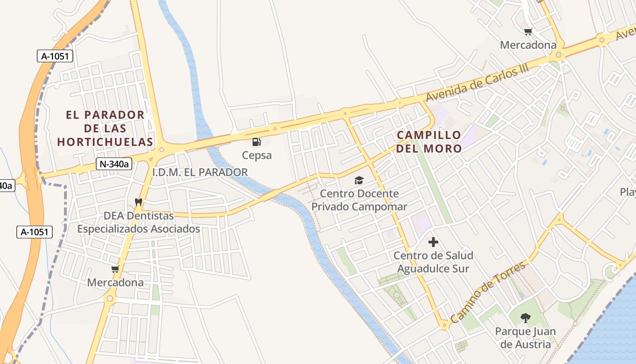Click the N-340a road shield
click(114, 164)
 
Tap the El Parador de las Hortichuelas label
click(105, 128)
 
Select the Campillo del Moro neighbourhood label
click(428, 142)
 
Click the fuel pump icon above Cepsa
click(257, 142)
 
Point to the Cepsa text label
click(257, 155)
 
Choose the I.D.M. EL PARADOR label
click(200, 172)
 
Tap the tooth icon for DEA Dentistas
click(139, 202)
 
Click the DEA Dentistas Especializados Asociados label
click(139, 222)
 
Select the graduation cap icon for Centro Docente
click(359, 181)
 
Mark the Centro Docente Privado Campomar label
click(359, 200)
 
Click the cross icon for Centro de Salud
click(433, 242)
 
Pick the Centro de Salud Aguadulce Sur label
click(433, 262)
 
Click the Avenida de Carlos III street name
click(478, 85)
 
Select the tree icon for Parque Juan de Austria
click(526, 318)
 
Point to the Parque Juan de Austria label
click(526, 338)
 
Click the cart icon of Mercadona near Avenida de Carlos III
click(528, 32)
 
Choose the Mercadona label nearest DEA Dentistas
click(115, 283)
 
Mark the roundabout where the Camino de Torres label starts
click(444, 325)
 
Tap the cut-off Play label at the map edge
click(628, 192)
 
